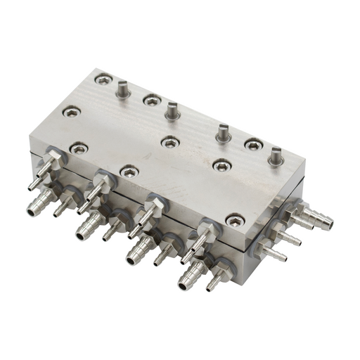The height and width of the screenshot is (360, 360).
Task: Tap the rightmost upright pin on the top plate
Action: pyautogui.click(x=276, y=154)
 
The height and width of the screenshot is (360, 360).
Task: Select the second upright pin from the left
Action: pyautogui.click(x=171, y=108)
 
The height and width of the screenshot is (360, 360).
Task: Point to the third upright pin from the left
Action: pyautogui.click(x=223, y=131)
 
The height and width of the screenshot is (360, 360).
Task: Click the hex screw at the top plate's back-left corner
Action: pyautogui.click(x=103, y=80)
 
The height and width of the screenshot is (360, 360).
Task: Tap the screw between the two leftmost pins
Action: pyautogui.click(x=150, y=101)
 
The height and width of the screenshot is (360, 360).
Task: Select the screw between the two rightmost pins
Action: pyautogui.click(x=251, y=145)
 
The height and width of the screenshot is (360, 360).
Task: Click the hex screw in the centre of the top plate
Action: pyautogui.click(x=169, y=142)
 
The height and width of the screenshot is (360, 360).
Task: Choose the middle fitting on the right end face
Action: pyautogui.click(x=288, y=236)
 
